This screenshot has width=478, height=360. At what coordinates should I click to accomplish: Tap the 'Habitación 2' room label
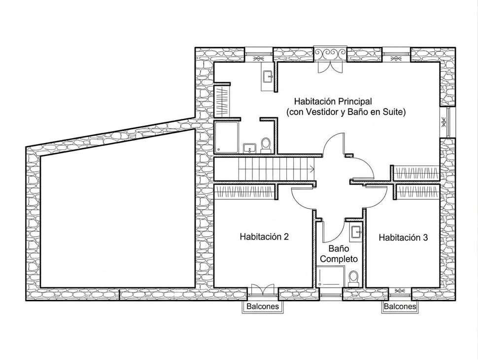point(264,236)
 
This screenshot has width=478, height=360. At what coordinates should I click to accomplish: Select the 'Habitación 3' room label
point(403,237)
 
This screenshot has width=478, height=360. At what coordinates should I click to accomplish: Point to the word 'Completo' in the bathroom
point(339,258)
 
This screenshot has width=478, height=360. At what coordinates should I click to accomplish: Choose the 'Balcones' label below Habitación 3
point(400,307)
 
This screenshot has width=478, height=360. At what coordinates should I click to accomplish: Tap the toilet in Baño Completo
point(353,278)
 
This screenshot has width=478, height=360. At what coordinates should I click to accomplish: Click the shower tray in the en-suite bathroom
point(227,138)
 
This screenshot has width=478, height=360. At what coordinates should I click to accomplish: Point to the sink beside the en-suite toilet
point(248,148)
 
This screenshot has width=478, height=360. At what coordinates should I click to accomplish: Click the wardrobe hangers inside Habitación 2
point(244,191)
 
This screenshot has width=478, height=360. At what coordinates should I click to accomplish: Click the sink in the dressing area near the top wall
point(269,76)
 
